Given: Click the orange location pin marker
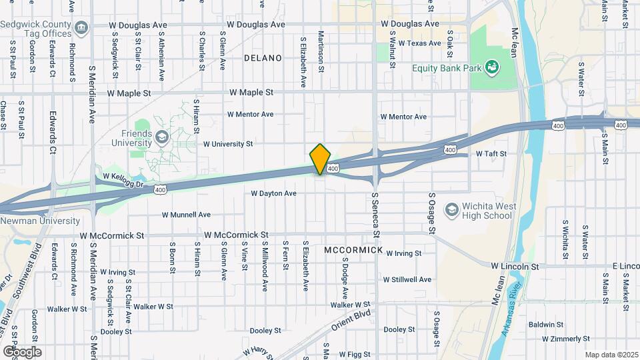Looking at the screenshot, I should (x=321, y=159).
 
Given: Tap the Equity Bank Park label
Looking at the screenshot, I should (x=446, y=67).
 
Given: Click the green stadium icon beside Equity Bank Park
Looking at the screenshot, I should (x=492, y=66).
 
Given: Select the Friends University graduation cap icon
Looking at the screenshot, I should (x=161, y=137).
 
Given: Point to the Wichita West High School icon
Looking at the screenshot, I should (x=451, y=210).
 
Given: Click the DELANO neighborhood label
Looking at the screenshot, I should (x=263, y=58).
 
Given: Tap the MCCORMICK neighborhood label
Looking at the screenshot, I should (x=353, y=250).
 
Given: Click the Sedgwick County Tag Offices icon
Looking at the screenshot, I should (x=81, y=27).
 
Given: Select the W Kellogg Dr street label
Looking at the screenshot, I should (x=124, y=178).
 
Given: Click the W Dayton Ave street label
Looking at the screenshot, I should (x=273, y=193).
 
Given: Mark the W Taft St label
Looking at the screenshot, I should (x=491, y=154).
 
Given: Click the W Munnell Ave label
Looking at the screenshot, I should (x=186, y=215).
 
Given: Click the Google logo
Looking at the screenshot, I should (x=21, y=351).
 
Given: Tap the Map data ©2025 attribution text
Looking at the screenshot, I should (x=611, y=355).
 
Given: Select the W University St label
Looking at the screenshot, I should (x=228, y=143).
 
